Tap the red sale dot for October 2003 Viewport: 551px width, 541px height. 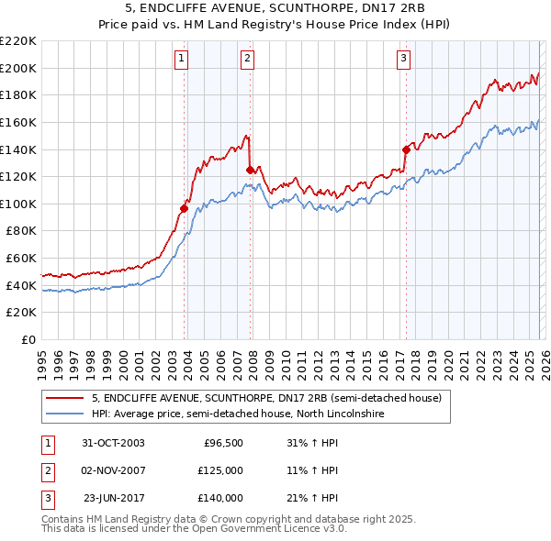tap(185, 208)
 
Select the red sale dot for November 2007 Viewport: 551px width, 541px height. tap(250, 170)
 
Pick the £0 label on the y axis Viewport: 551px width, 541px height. tap(28, 340)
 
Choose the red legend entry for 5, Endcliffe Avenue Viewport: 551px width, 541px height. tap(266, 398)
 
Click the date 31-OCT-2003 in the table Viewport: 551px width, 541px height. tap(113, 443)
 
